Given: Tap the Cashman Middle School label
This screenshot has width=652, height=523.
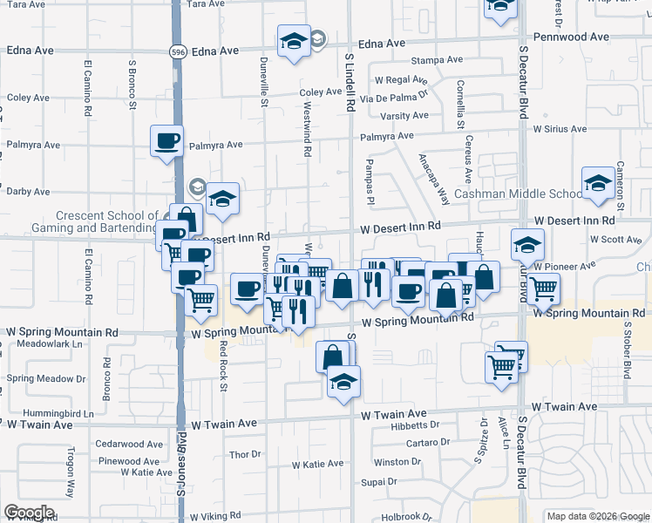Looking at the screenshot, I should coord(518,194).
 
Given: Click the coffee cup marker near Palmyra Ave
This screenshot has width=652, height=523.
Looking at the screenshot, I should coord(166,141).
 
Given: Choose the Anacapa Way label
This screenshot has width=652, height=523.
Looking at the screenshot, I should coord(433,178).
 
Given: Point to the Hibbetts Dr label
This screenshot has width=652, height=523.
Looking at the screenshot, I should coord(414,425).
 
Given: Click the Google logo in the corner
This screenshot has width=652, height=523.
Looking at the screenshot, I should coord(29,513).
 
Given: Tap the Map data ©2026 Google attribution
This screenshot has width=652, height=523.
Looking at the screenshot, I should coord(597,516).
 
